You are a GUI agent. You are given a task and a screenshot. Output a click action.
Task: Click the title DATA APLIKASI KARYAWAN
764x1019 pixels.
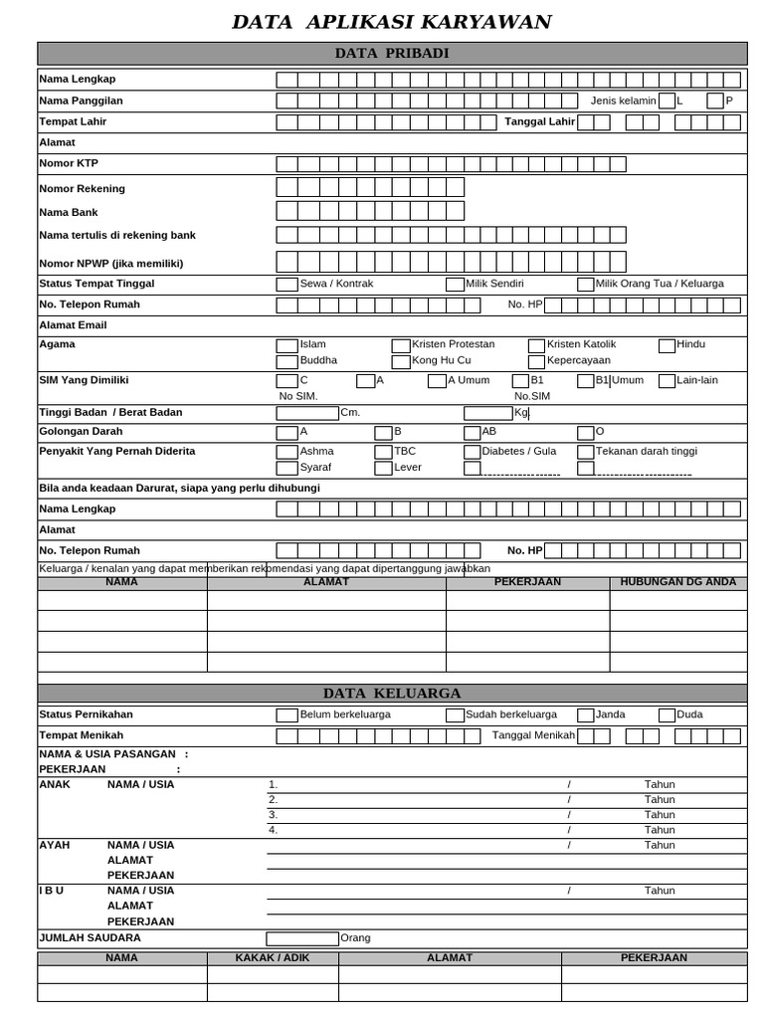(391, 22)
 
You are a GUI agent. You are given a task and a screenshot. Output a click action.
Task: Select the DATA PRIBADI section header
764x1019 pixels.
(391, 54)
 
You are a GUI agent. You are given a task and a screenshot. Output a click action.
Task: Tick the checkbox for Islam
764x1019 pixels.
(286, 345)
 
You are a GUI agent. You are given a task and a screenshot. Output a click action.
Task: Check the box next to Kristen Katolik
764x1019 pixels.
(536, 345)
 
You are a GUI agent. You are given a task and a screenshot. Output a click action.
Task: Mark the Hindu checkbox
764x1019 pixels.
(667, 345)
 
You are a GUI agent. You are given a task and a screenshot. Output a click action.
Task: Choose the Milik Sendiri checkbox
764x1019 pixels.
(455, 285)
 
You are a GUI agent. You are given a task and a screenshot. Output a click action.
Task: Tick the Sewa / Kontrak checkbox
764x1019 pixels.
(286, 285)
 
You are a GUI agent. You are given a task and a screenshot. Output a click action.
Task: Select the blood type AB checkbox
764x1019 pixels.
(472, 433)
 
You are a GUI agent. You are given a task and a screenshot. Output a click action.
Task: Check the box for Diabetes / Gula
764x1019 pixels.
(472, 452)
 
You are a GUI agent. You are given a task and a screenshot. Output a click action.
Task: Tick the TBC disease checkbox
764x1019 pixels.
(383, 452)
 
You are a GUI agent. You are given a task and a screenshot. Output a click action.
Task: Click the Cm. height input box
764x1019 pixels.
(307, 413)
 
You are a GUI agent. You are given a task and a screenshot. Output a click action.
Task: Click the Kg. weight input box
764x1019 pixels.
(487, 413)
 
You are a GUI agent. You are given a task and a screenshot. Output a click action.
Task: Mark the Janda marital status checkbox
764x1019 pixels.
(585, 714)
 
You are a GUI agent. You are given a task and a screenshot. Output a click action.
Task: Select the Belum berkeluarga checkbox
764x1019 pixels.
(286, 714)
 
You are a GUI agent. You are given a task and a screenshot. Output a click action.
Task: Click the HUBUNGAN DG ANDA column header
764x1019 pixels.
(677, 582)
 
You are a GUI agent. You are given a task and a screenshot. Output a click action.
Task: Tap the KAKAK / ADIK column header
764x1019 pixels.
(273, 958)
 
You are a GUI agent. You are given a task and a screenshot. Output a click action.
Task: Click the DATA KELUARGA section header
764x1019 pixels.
(391, 694)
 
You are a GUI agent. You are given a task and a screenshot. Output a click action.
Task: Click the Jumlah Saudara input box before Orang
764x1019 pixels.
(302, 938)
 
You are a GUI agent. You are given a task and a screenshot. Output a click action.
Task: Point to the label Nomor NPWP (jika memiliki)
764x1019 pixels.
(110, 264)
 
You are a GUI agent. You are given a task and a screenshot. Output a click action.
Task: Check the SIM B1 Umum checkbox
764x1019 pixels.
(585, 381)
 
